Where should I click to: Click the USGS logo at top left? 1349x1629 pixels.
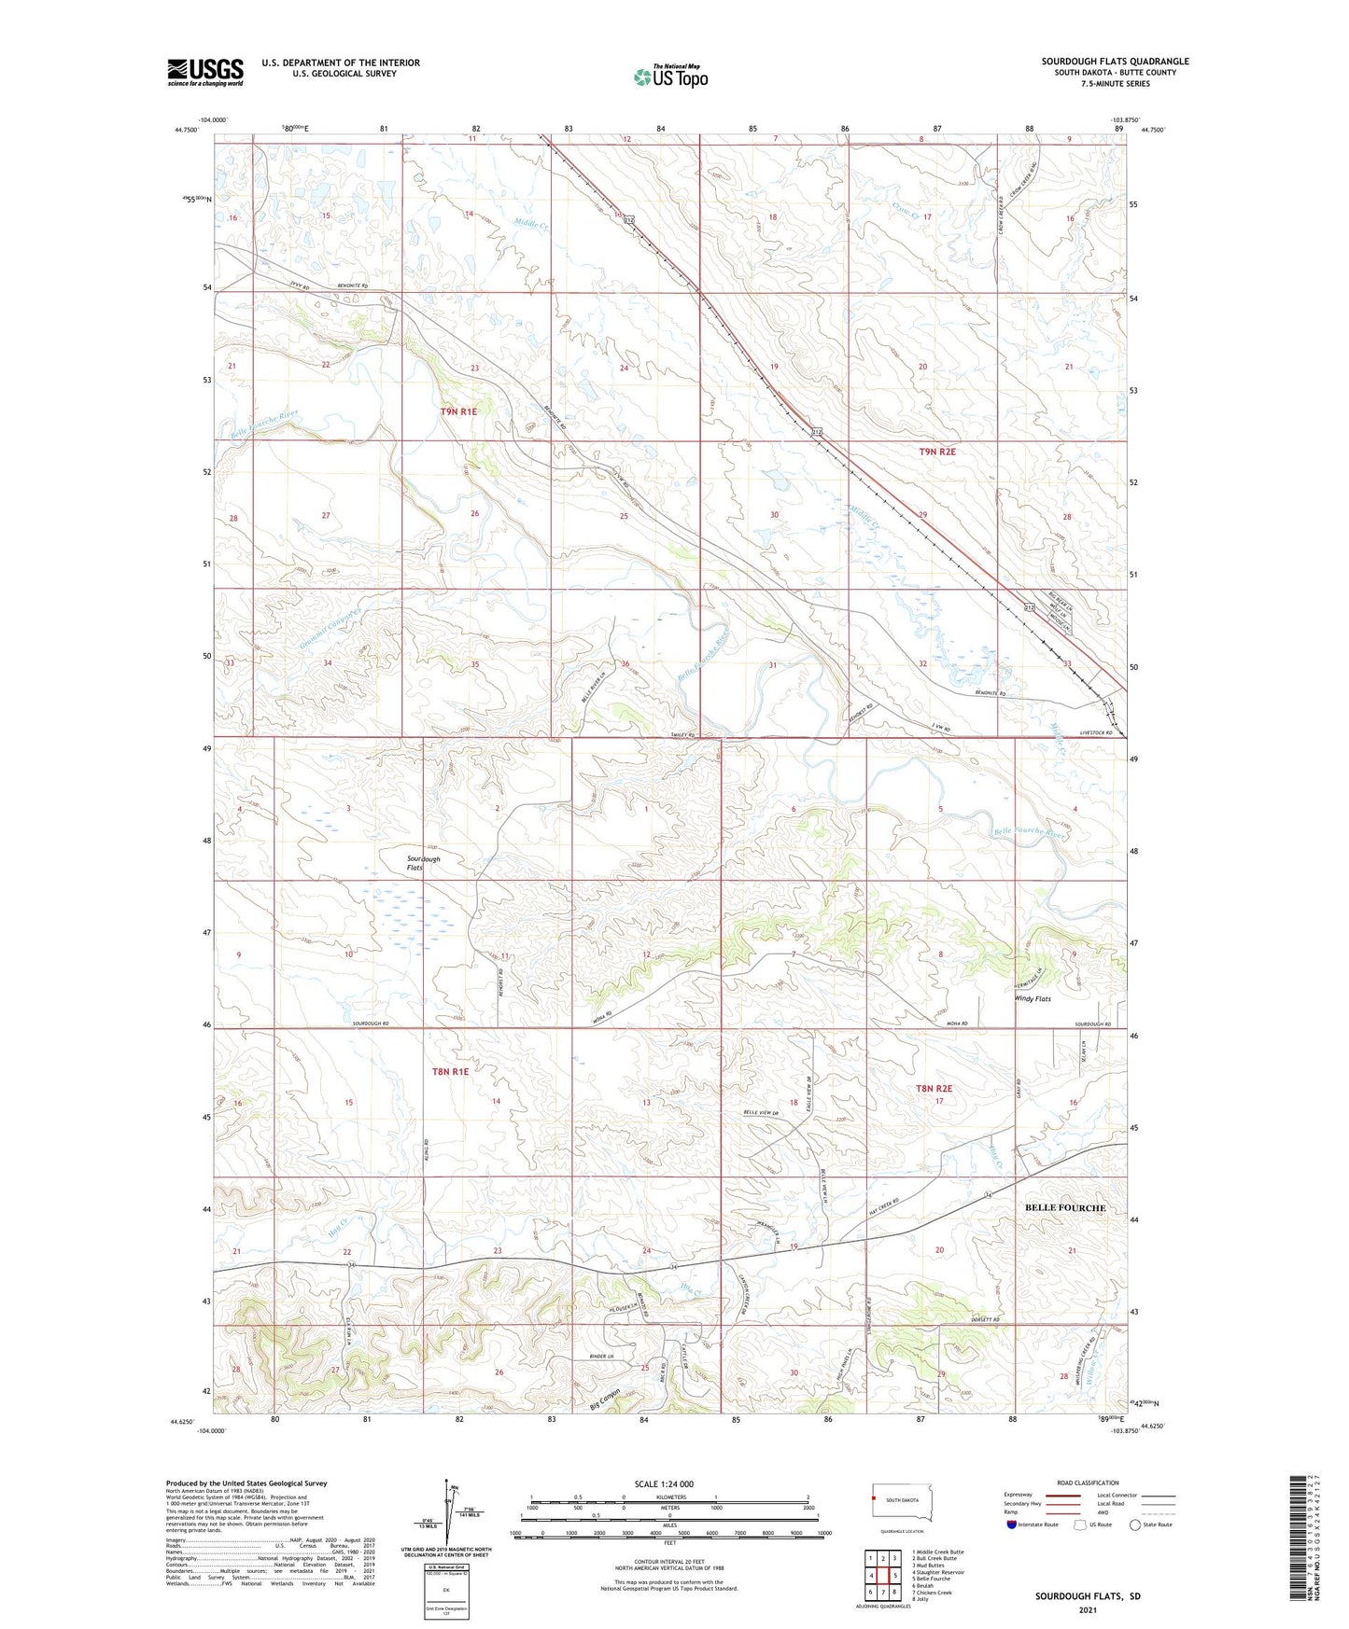coord(205,72)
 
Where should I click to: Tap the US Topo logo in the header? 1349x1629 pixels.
coord(669,77)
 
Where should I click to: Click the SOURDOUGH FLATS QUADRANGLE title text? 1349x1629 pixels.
coord(1115,62)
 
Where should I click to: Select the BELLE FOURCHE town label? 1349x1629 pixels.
coord(1064,1207)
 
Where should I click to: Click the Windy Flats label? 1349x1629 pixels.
coord(1033,998)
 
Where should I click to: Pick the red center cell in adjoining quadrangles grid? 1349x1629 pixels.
coord(882,1575)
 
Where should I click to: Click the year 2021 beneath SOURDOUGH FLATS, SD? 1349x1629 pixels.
coord(1087,1609)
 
